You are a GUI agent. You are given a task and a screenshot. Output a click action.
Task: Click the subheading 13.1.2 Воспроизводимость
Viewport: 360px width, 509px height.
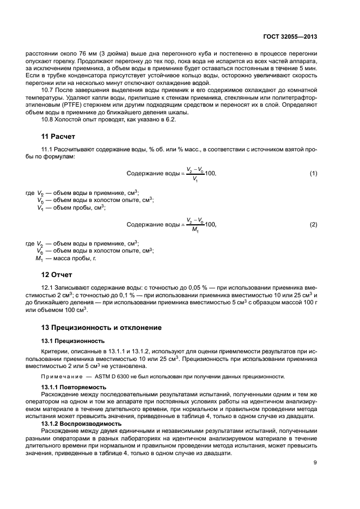click(x=77, y=423)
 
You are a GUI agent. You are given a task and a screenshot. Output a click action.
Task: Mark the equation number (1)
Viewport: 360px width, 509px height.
click(x=313, y=173)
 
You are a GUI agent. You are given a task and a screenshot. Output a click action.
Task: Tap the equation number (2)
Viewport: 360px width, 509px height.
click(x=313, y=224)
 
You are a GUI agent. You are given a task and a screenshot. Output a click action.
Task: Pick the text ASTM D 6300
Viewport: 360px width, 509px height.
click(x=99, y=376)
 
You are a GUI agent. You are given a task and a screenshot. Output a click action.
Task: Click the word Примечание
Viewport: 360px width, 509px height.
click(x=59, y=376)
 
